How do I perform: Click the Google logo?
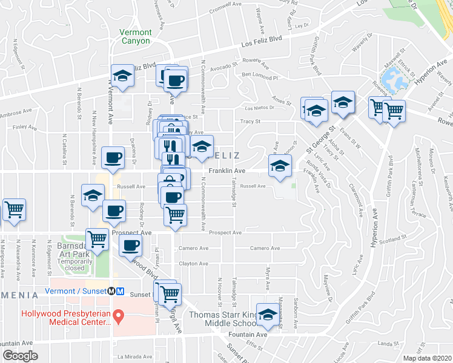pos(20,356)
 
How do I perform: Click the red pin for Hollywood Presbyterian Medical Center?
pos(119,315)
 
